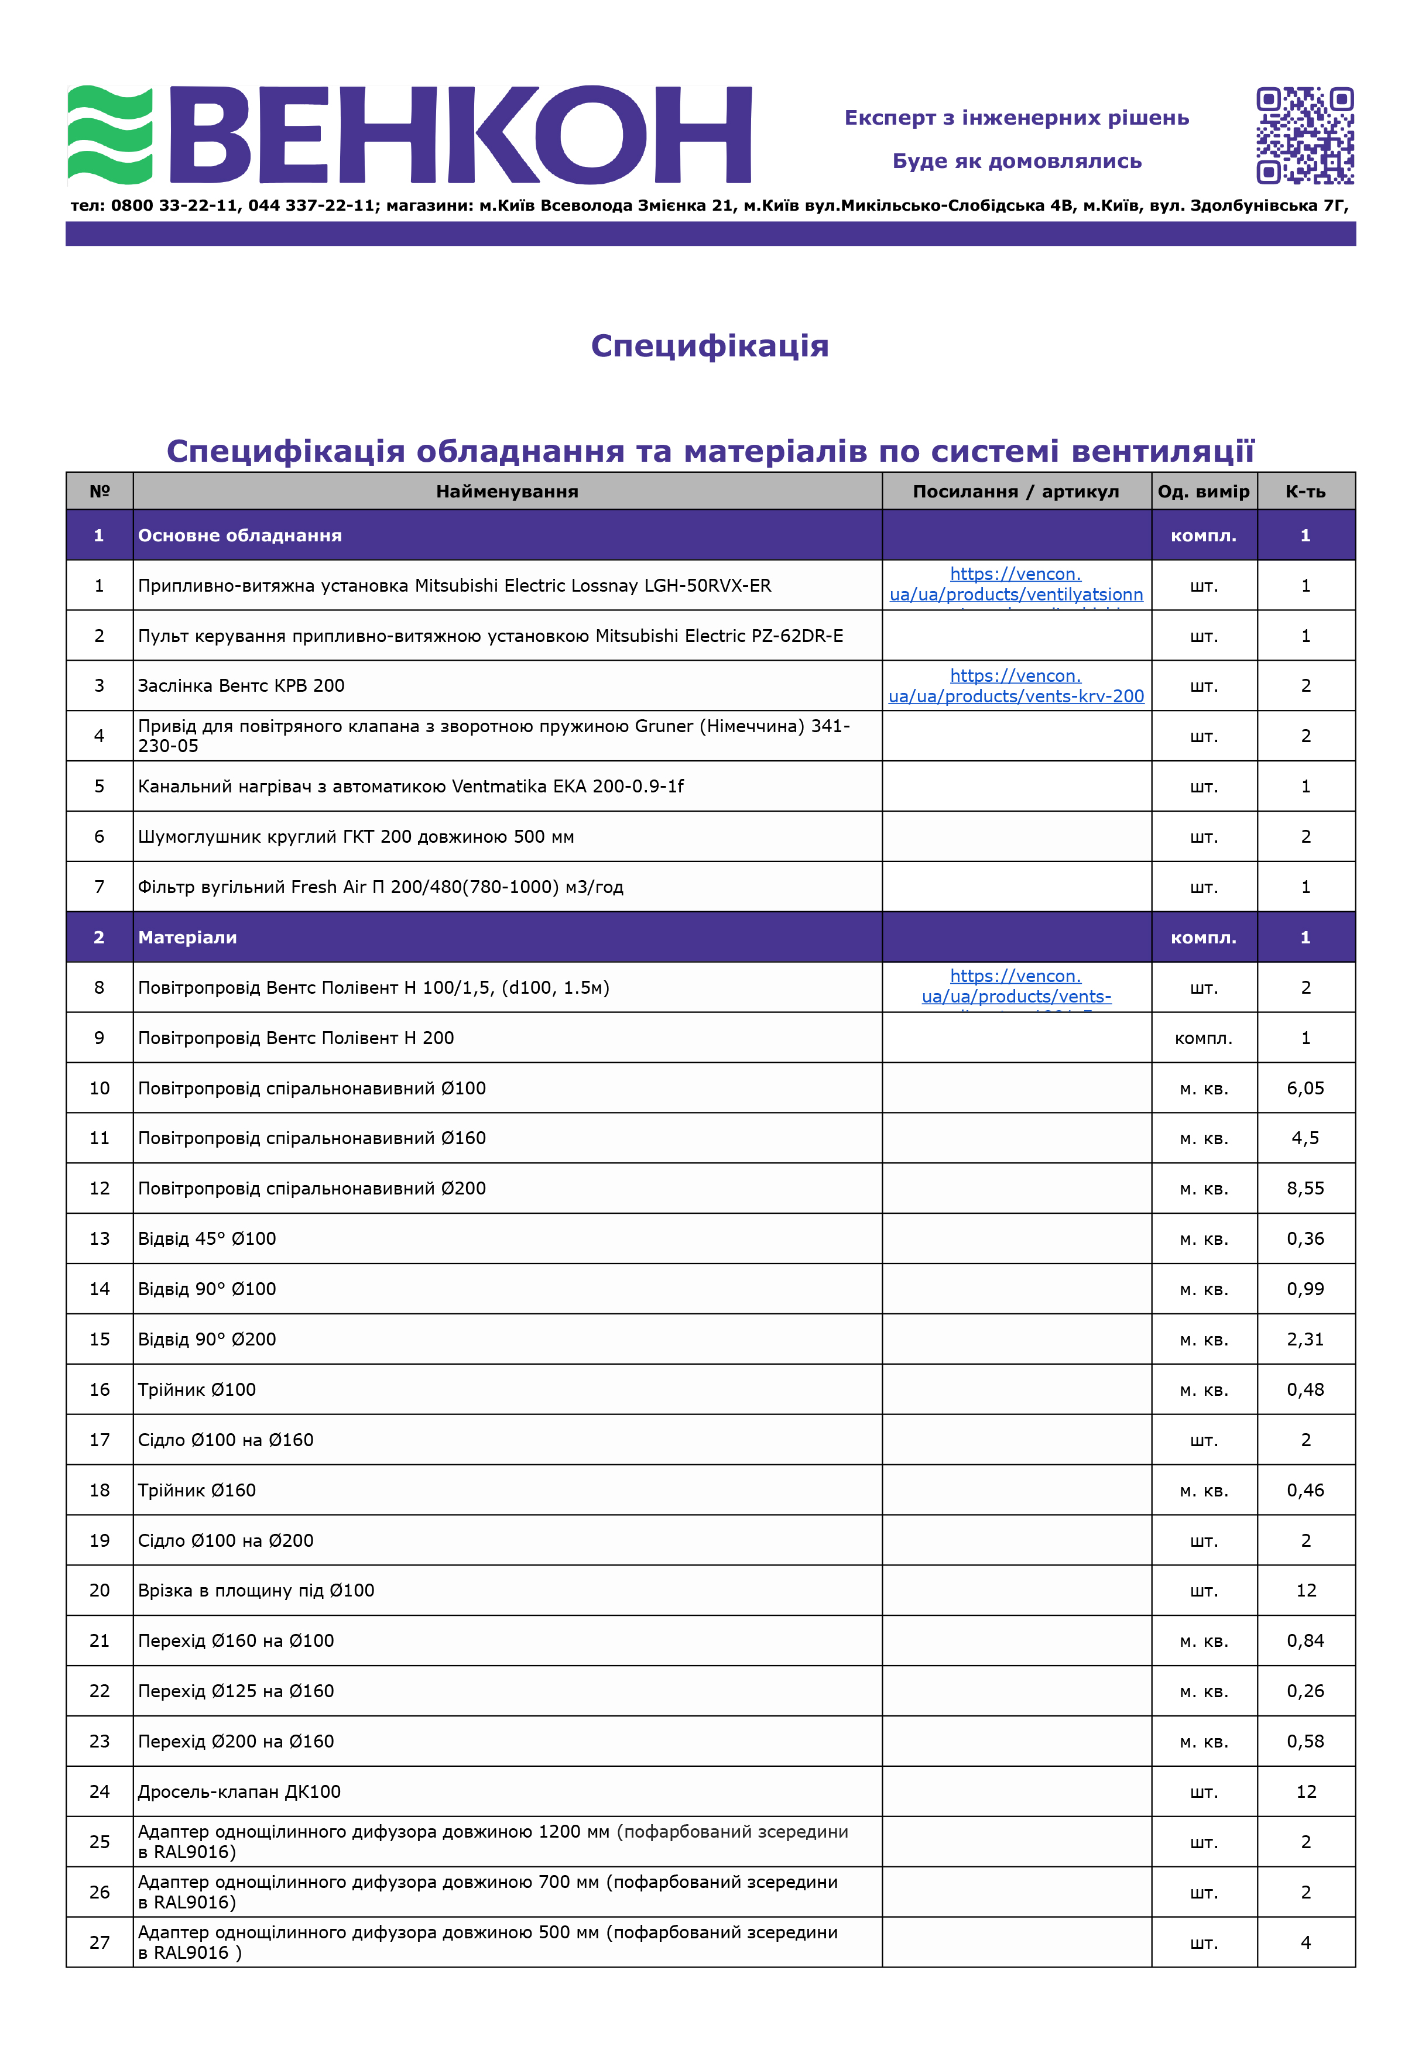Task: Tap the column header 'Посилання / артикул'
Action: coord(1016,492)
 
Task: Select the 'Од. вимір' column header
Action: coord(1203,492)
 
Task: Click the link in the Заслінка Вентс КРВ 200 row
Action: coord(1016,686)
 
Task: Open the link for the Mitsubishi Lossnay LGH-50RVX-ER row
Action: coord(1016,585)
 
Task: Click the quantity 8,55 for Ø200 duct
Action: coord(1306,1188)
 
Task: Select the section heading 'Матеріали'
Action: coord(187,937)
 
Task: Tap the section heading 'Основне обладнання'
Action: coord(239,535)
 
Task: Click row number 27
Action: coord(100,1942)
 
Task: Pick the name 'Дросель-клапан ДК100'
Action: coord(239,1792)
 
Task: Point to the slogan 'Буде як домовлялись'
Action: coord(1017,161)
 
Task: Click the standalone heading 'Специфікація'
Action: coord(709,346)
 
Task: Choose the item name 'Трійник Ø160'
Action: coord(197,1490)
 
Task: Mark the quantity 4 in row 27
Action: coord(1306,1942)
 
